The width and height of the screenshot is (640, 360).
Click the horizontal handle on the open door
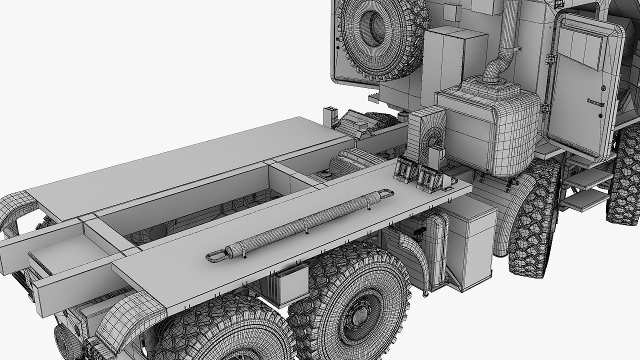595,101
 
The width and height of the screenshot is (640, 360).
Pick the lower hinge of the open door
545,108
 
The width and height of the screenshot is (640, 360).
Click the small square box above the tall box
453,11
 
